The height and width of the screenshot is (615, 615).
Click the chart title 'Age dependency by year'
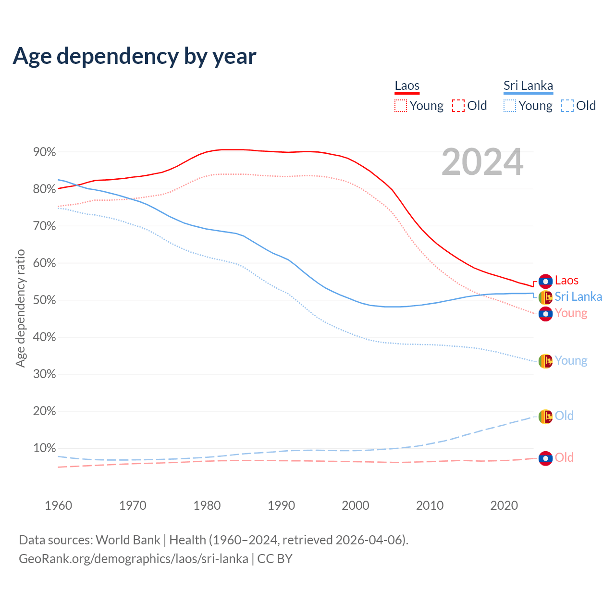(135, 56)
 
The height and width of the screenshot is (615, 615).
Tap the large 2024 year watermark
(482, 162)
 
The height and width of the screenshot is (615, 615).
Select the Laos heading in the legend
(407, 86)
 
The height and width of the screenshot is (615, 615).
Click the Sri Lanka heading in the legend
(528, 86)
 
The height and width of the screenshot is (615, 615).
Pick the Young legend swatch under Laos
(400, 106)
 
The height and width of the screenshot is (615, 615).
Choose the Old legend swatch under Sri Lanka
(567, 106)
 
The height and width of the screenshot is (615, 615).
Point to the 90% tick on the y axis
(44, 152)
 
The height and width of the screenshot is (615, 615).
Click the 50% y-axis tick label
(44, 300)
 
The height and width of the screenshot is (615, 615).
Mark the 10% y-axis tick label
(44, 448)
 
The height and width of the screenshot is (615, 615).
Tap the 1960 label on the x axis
(58, 505)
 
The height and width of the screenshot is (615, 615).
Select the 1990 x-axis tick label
(281, 505)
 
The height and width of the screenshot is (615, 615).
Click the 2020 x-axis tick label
(504, 505)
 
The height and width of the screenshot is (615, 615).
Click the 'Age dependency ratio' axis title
(20, 308)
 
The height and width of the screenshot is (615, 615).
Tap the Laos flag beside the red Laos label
(545, 281)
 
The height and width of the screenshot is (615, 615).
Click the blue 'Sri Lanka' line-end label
(578, 297)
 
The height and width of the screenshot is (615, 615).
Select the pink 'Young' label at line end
(571, 313)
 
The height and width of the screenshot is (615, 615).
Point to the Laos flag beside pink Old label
(545, 458)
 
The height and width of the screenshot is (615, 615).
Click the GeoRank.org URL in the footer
(134, 559)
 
